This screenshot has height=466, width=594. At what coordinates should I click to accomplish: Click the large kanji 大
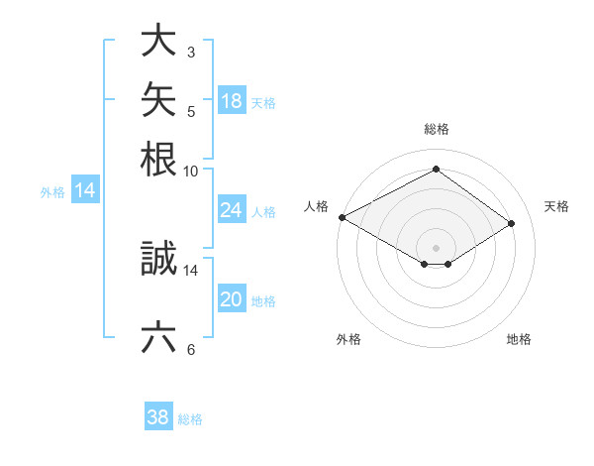pos(158,40)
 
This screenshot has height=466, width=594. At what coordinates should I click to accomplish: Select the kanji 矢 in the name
pos(158,99)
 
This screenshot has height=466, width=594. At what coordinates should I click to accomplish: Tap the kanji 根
pos(158,159)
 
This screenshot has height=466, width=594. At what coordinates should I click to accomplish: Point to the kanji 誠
pos(158,258)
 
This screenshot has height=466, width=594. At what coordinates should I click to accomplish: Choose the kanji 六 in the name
pos(158,336)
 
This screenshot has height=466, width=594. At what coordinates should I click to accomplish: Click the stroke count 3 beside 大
pos(191,53)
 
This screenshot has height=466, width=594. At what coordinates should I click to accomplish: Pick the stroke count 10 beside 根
pos(190,172)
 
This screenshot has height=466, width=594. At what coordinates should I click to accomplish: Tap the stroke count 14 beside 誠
pos(190,271)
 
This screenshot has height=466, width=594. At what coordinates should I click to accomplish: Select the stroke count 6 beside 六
pos(191,349)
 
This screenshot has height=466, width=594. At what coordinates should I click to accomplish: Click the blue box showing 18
pos(233,100)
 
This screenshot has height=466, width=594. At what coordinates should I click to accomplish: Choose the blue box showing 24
pos(233,209)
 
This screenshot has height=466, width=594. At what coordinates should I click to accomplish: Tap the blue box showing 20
pos(233,297)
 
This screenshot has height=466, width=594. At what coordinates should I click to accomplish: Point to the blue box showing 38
pos(158,415)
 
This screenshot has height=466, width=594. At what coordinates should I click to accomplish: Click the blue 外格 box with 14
pos(85,189)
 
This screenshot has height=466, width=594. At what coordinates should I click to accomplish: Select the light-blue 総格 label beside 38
pos(190,419)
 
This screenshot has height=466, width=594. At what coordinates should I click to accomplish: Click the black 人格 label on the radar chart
pos(316,206)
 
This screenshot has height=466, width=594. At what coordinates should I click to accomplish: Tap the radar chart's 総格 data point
pos(436,169)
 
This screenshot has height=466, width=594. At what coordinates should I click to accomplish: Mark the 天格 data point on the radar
pos(511,223)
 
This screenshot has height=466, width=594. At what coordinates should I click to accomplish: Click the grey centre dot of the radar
pos(436,248)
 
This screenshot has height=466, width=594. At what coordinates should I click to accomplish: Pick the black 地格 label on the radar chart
pos(519,339)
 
